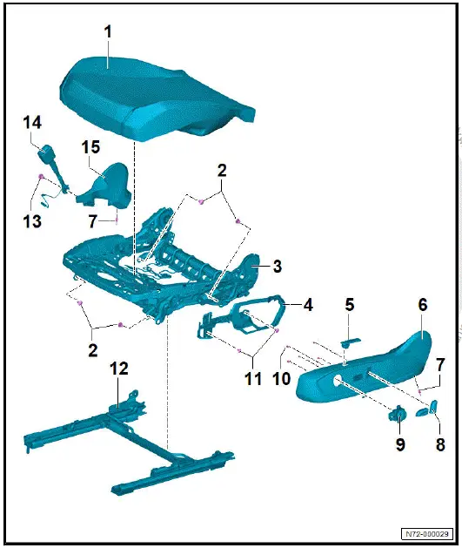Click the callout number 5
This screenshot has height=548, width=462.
click(x=349, y=305)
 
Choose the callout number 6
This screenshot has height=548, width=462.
click(x=423, y=306)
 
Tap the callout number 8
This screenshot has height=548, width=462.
click(x=439, y=444)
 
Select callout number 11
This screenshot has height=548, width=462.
click(x=253, y=379)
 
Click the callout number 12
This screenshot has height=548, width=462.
click(x=119, y=369)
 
